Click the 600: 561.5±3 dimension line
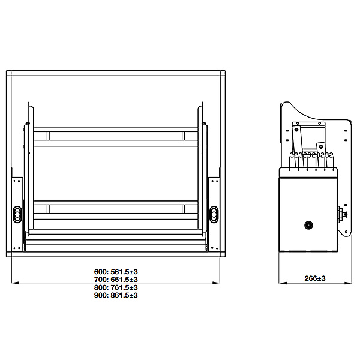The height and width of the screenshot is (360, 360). [117, 271]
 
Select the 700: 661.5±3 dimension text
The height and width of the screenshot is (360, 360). [116, 279]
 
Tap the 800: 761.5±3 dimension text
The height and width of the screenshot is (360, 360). [116, 287]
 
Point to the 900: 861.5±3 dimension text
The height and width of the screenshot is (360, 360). [116, 295]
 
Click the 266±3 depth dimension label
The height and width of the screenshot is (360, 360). [314, 278]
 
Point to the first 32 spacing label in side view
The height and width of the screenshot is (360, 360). [293, 155]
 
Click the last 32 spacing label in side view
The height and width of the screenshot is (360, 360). [329, 155]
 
